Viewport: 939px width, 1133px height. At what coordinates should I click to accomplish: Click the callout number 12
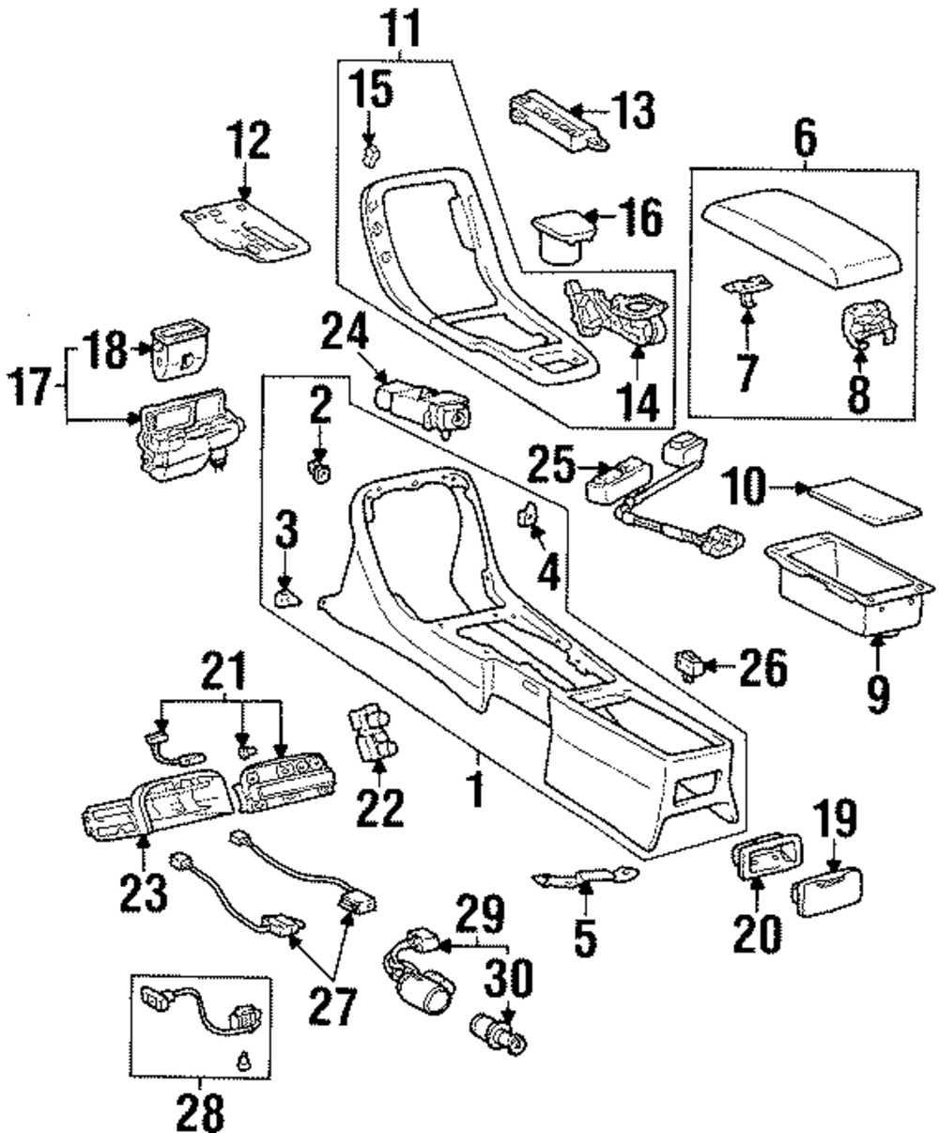coord(245,143)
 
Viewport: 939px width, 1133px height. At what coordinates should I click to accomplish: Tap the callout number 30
coord(507,981)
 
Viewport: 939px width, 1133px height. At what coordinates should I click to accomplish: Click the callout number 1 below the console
coord(478,786)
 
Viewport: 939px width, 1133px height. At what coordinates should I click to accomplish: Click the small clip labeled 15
coord(372,151)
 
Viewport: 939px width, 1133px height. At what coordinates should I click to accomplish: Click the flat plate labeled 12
coord(245,229)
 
